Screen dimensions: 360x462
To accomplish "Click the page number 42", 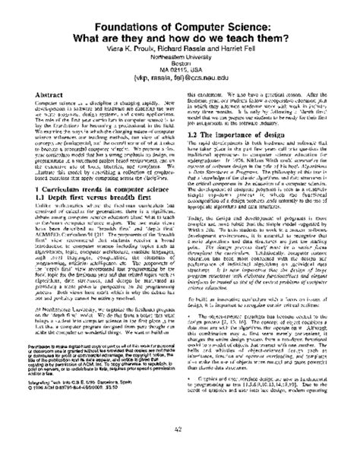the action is tap(180, 451).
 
